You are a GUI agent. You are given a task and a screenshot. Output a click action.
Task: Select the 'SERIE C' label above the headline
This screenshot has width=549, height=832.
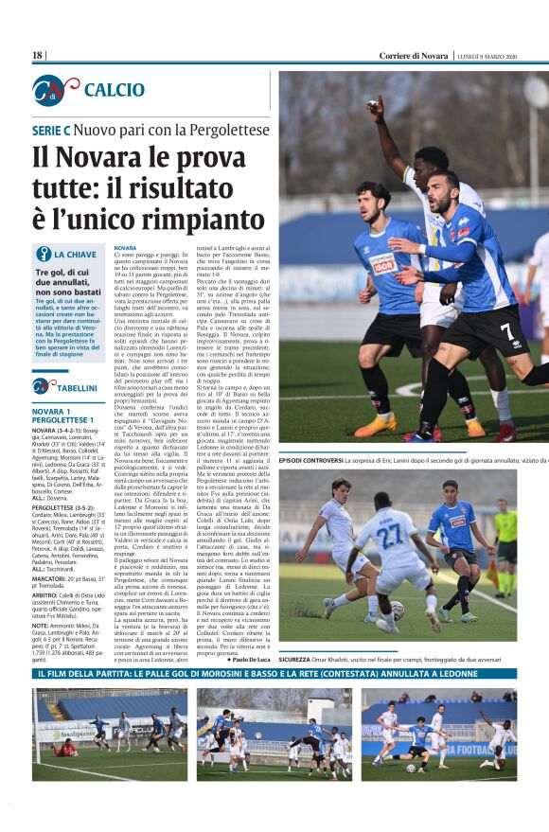click(51, 129)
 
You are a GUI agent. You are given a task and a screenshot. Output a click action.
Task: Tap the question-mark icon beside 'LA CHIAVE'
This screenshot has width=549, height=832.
click(44, 255)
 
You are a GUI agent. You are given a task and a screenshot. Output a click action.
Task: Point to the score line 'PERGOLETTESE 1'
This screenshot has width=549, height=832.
click(65, 419)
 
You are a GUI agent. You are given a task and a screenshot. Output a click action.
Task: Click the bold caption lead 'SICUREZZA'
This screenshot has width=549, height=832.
click(299, 659)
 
